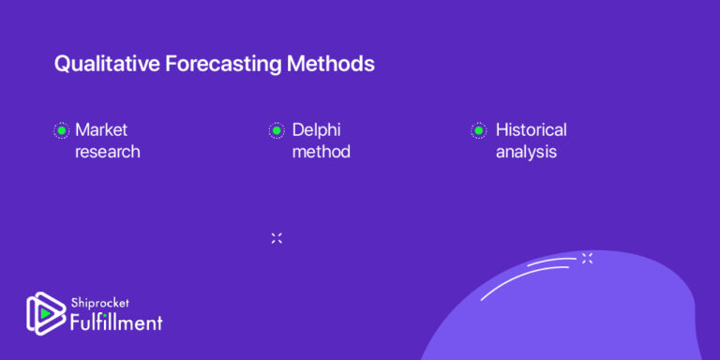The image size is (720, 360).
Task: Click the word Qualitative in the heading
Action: click(x=100, y=65)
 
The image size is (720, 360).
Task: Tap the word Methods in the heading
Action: click(x=333, y=65)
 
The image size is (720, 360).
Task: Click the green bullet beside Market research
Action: click(x=61, y=130)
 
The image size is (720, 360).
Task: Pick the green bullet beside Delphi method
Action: click(x=277, y=130)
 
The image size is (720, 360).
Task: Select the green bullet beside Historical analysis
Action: click(x=478, y=130)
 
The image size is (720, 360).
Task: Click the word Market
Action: click(x=101, y=129)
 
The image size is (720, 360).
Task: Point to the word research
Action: click(x=108, y=151)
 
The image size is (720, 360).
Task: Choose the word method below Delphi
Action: click(x=321, y=151)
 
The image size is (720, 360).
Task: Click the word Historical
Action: click(x=531, y=129)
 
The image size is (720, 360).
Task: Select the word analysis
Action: click(x=526, y=151)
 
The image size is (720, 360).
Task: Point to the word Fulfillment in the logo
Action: click(x=116, y=322)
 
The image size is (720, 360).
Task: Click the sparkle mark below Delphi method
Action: click(x=277, y=238)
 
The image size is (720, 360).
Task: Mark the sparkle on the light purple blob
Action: click(x=587, y=258)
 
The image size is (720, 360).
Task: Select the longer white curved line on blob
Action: click(x=525, y=280)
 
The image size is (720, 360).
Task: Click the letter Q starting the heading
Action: click(x=62, y=65)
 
